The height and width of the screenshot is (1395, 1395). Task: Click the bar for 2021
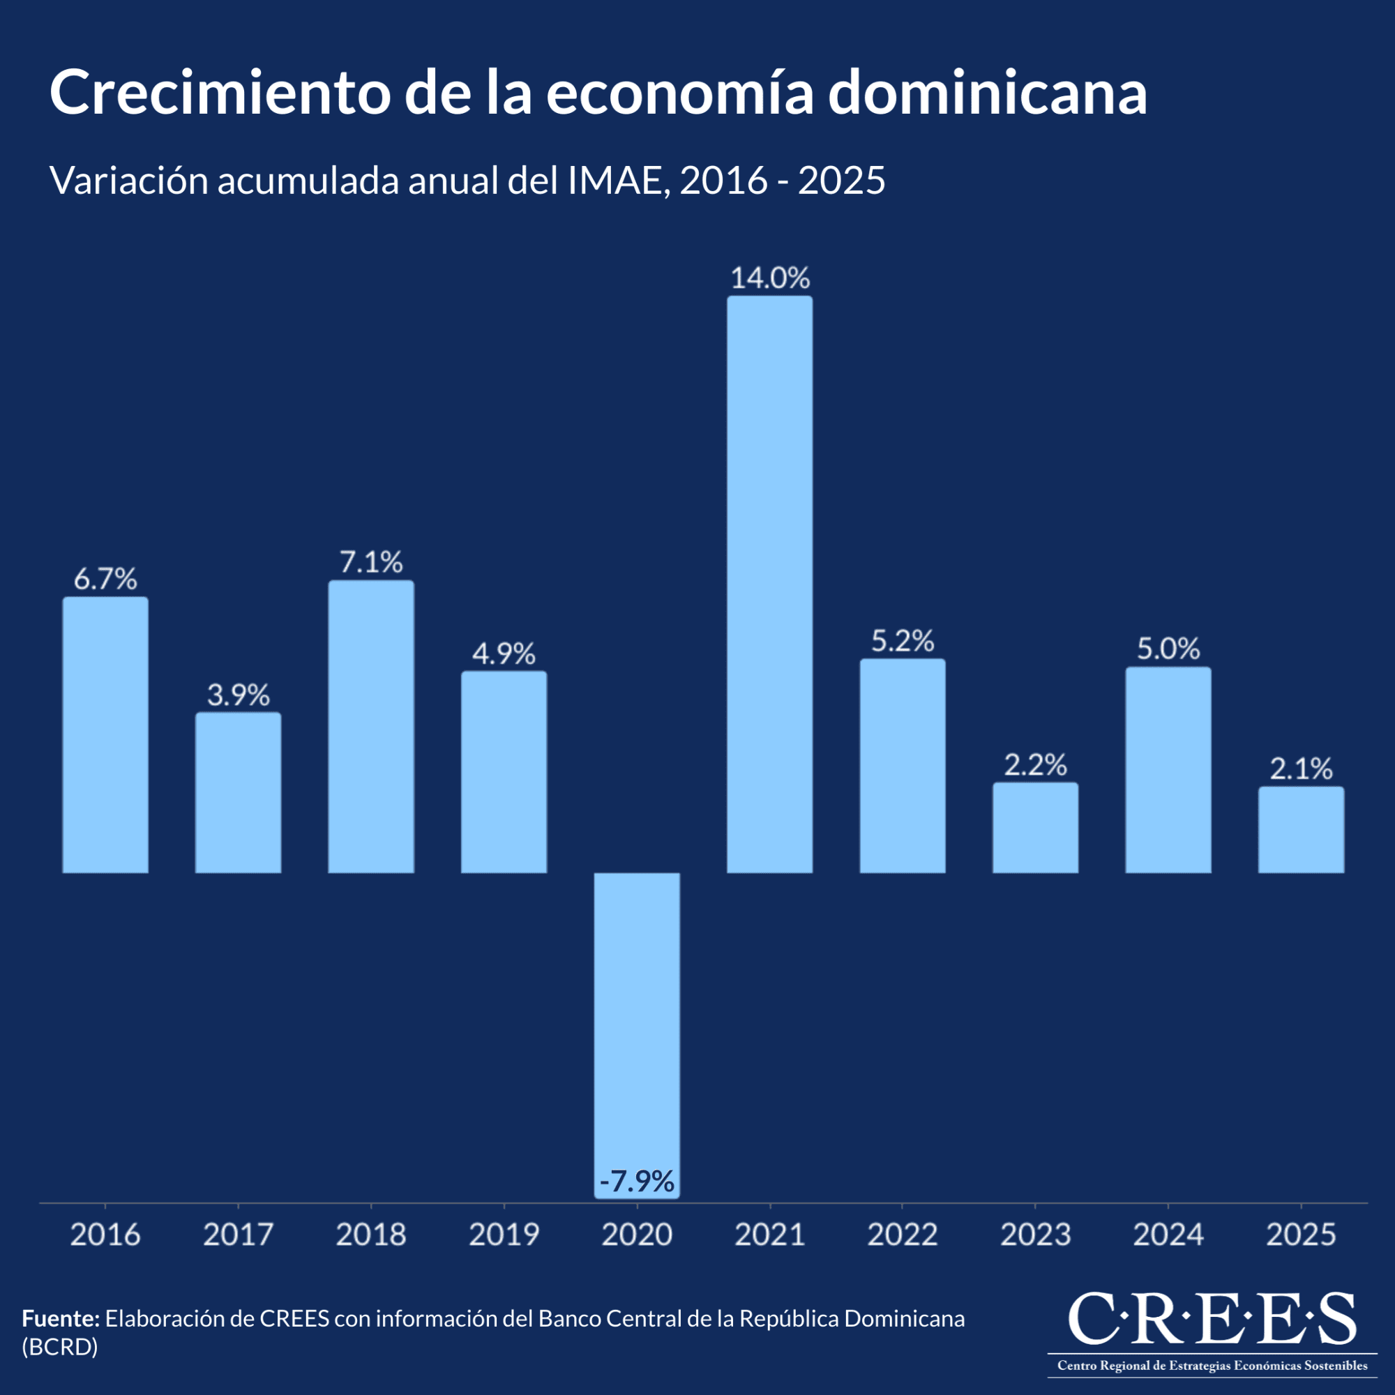(x=770, y=585)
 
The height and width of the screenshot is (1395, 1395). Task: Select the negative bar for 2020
(x=637, y=1025)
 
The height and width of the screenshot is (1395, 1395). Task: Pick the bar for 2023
(x=1035, y=828)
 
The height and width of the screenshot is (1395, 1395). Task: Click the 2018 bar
(x=371, y=727)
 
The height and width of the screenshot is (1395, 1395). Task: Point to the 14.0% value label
(x=770, y=278)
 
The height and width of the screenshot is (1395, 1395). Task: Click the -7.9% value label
(x=637, y=1182)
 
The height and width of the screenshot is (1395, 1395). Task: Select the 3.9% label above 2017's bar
(x=239, y=695)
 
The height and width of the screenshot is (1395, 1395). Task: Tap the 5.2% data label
(x=903, y=641)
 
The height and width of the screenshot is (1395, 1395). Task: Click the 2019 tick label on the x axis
(x=504, y=1234)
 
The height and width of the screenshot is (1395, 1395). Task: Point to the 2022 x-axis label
(x=903, y=1234)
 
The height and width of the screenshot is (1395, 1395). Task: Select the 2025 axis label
(x=1301, y=1234)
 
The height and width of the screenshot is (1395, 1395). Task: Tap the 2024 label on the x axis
(x=1168, y=1234)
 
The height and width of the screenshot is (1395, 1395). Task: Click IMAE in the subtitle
(x=614, y=181)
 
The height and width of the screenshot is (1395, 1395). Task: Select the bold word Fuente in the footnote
(x=61, y=1318)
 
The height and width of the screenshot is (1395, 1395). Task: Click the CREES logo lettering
(x=1212, y=1318)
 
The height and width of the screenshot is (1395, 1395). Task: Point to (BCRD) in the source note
(x=60, y=1348)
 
